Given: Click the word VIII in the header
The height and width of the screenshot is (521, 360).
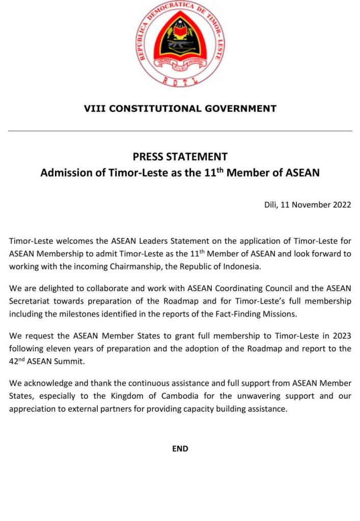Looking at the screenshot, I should coord(95,108).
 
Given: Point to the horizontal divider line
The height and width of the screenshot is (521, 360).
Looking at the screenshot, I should coord(180,131).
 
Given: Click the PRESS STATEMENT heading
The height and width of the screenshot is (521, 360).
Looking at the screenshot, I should coord(180,157).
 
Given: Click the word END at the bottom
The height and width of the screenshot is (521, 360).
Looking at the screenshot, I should coord(180,449).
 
